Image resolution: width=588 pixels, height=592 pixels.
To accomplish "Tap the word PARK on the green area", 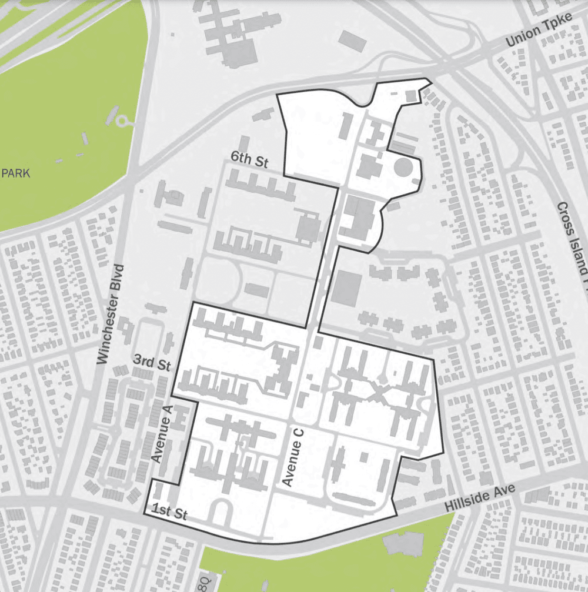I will pos(16,173).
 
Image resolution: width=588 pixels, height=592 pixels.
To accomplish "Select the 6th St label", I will pos(249,160).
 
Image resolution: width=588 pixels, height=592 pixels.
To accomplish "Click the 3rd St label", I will pos(151,363).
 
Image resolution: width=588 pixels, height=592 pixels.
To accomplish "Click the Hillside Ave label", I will pos(480,498).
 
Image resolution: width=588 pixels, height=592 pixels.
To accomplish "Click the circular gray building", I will pos(403,168).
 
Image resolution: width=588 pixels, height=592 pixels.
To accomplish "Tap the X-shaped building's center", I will pos(377,390).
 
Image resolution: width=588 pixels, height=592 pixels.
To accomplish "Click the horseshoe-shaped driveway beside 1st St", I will pos(221,511).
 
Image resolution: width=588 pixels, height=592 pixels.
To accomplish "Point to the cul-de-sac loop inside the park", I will pos(123,122).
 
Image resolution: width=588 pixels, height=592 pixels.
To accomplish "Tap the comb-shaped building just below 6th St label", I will pos(262,186).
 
